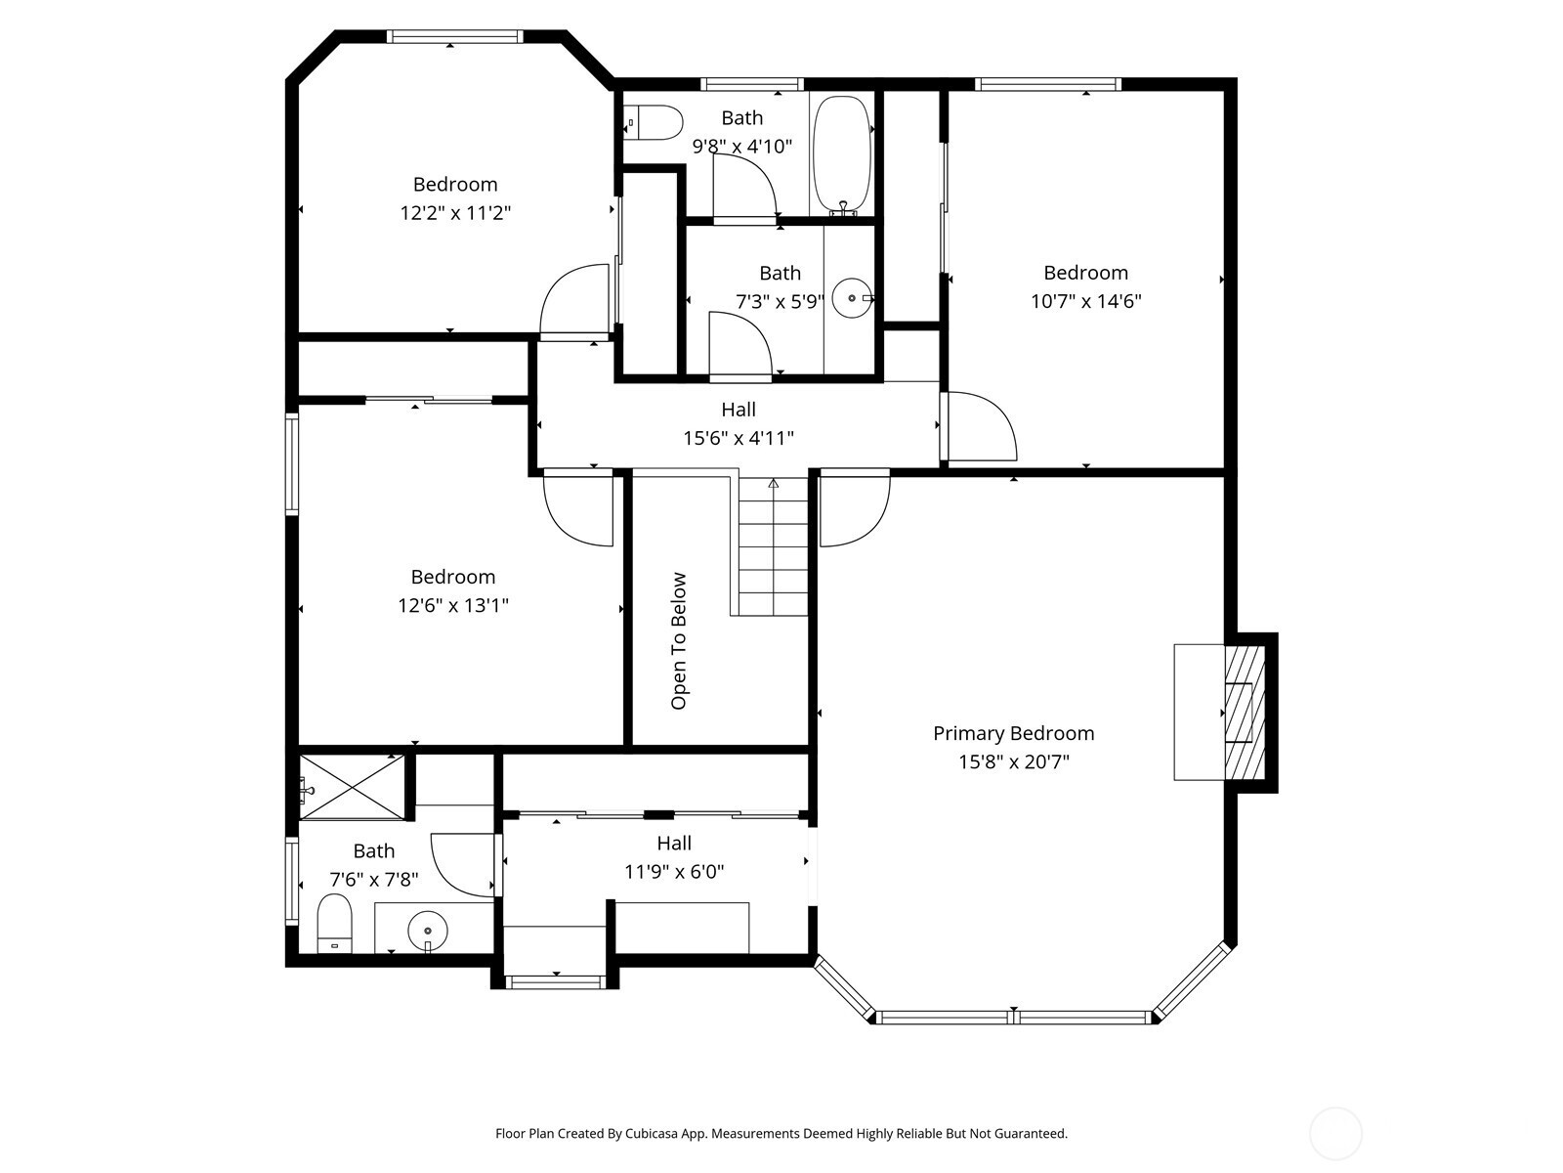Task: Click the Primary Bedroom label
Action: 1013,733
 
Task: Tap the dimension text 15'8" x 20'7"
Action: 1013,762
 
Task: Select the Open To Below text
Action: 679,641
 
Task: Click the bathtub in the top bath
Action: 842,155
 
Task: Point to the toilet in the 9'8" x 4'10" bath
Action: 653,122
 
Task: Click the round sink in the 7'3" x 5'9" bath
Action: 853,298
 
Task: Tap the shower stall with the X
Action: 352,787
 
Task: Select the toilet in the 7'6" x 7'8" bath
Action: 335,923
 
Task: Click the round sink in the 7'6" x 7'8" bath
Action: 428,931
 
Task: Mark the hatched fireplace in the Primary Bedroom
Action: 1245,713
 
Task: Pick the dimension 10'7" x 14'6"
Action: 1086,301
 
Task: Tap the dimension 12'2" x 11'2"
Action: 455,213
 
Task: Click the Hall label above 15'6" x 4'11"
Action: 739,410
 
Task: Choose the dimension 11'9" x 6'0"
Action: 674,872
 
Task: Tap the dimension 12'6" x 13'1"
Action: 453,605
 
